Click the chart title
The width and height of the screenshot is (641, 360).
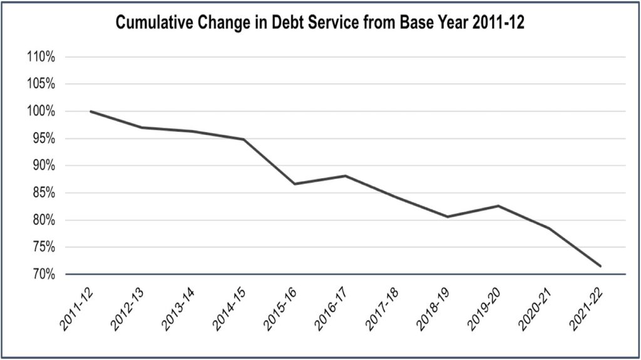coord(320,23)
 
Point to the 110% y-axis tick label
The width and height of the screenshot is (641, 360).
coord(41,57)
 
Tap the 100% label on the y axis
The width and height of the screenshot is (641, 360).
coord(41,111)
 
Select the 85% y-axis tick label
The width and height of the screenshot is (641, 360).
coord(44,193)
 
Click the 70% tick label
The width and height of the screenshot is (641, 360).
coord(44,274)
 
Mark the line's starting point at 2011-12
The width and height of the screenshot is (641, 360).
coord(90,111)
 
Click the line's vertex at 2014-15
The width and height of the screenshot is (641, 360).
coord(244,140)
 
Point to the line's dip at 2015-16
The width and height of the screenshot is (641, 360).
coord(295,183)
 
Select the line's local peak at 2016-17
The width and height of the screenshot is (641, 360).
coord(346,176)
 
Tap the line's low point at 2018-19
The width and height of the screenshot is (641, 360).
coord(448,217)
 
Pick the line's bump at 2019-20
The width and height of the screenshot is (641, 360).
coord(499,206)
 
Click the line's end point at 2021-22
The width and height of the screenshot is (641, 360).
coord(600,266)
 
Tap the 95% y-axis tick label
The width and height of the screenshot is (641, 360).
coord(44,138)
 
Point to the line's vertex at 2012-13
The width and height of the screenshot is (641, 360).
coord(141,128)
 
